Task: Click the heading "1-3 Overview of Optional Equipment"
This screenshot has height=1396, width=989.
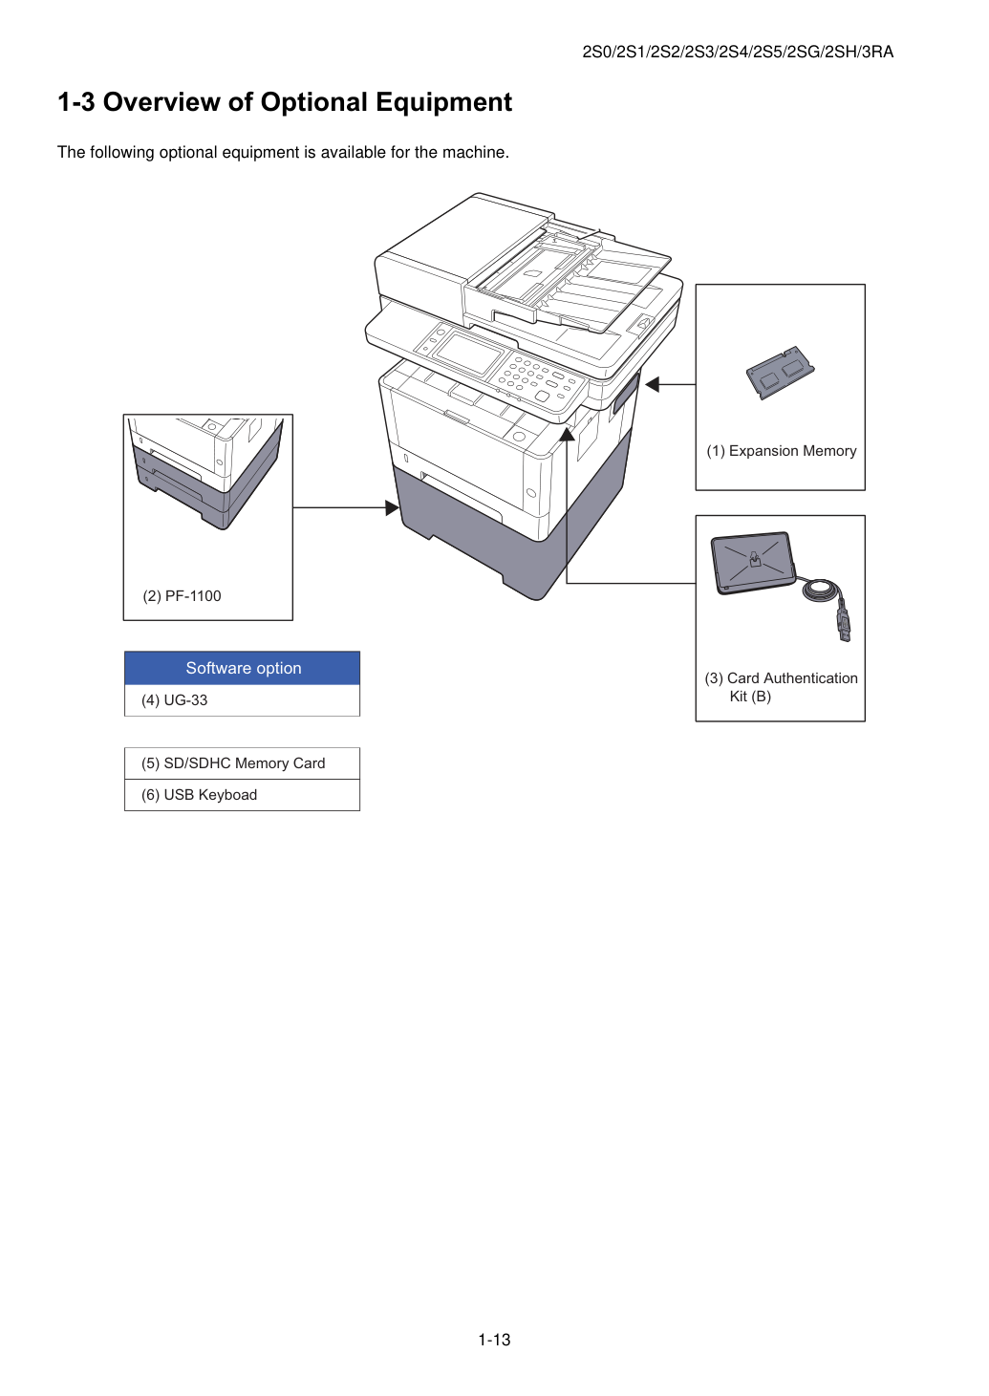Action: tap(285, 102)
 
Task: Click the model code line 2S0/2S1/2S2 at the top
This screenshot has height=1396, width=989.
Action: tap(738, 52)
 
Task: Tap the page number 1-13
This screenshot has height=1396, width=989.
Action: tap(494, 1340)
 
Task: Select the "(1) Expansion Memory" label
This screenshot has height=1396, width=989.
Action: tap(782, 451)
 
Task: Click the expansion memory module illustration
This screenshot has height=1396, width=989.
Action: tap(781, 372)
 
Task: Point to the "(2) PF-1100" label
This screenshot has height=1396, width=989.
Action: tap(182, 596)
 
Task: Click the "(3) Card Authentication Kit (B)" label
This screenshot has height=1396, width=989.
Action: tap(781, 687)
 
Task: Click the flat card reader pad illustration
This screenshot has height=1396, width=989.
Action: tap(753, 562)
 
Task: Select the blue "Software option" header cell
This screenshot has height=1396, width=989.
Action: tap(243, 668)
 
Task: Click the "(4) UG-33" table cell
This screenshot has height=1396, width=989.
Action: tap(243, 700)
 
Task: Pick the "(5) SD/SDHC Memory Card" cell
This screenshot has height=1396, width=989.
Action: tap(243, 763)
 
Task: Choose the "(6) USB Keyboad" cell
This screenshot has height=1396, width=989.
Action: tap(243, 795)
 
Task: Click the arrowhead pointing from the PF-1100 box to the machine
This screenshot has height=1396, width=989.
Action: tap(392, 508)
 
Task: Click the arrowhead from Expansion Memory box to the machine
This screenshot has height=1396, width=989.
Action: tap(653, 384)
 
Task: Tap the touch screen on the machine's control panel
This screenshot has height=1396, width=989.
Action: tap(468, 353)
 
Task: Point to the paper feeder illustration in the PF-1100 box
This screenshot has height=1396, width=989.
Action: tap(206, 473)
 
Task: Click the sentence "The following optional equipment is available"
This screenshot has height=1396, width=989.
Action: tap(283, 153)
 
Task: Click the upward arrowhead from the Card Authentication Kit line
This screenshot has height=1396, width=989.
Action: tap(567, 434)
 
